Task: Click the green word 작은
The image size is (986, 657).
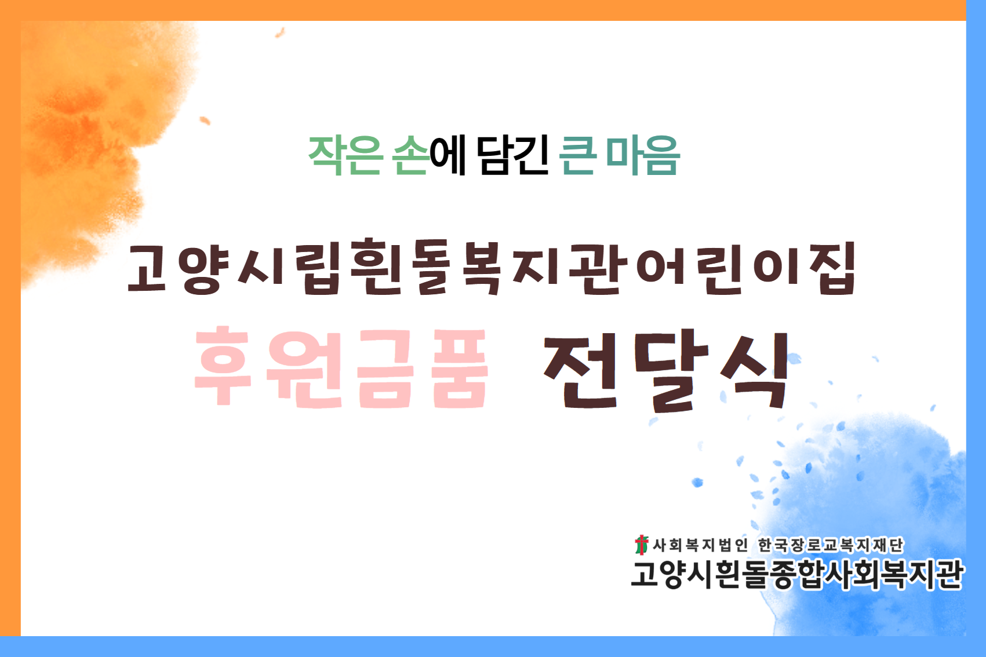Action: click(x=345, y=155)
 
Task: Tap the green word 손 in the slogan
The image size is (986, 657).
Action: click(x=411, y=155)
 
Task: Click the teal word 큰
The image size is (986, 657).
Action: click(x=577, y=155)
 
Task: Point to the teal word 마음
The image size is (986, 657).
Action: click(x=643, y=155)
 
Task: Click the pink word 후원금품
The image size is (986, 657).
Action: click(x=341, y=367)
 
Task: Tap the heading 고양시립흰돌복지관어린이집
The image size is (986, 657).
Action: click(x=491, y=267)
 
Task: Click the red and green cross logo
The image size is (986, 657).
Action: click(x=641, y=545)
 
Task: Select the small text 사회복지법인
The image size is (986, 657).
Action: click(x=700, y=545)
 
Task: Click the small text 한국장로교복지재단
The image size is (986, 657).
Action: click(x=830, y=545)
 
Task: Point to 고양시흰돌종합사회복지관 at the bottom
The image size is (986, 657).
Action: click(x=797, y=575)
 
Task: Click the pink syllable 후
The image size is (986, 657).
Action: click(x=223, y=365)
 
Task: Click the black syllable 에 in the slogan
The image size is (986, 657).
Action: click(x=448, y=155)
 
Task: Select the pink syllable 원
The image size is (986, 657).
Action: click(x=304, y=368)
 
